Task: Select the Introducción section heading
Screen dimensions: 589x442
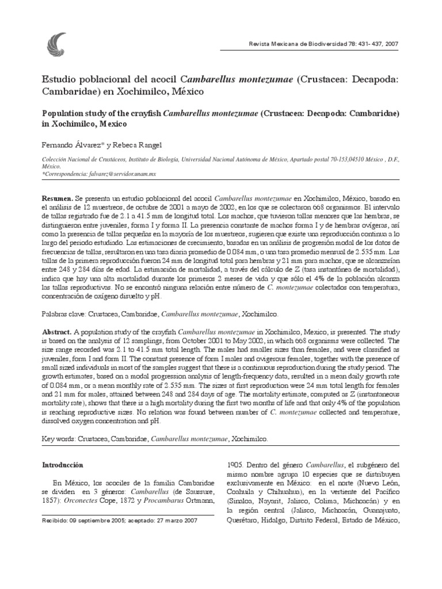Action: point(63,464)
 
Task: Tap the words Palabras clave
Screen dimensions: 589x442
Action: point(65,315)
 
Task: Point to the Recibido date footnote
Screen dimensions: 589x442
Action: point(120,519)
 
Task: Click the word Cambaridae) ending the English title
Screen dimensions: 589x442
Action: point(371,113)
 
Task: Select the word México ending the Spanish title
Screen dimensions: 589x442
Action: point(185,91)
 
